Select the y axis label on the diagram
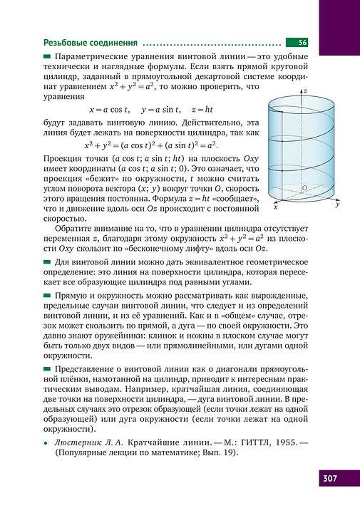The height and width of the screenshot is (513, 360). (337, 204)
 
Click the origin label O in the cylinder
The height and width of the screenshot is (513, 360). (304, 188)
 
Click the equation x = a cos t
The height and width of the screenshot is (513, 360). (108, 110)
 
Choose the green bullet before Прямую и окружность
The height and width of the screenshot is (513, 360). (48, 294)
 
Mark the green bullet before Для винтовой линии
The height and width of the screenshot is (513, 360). (48, 262)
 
